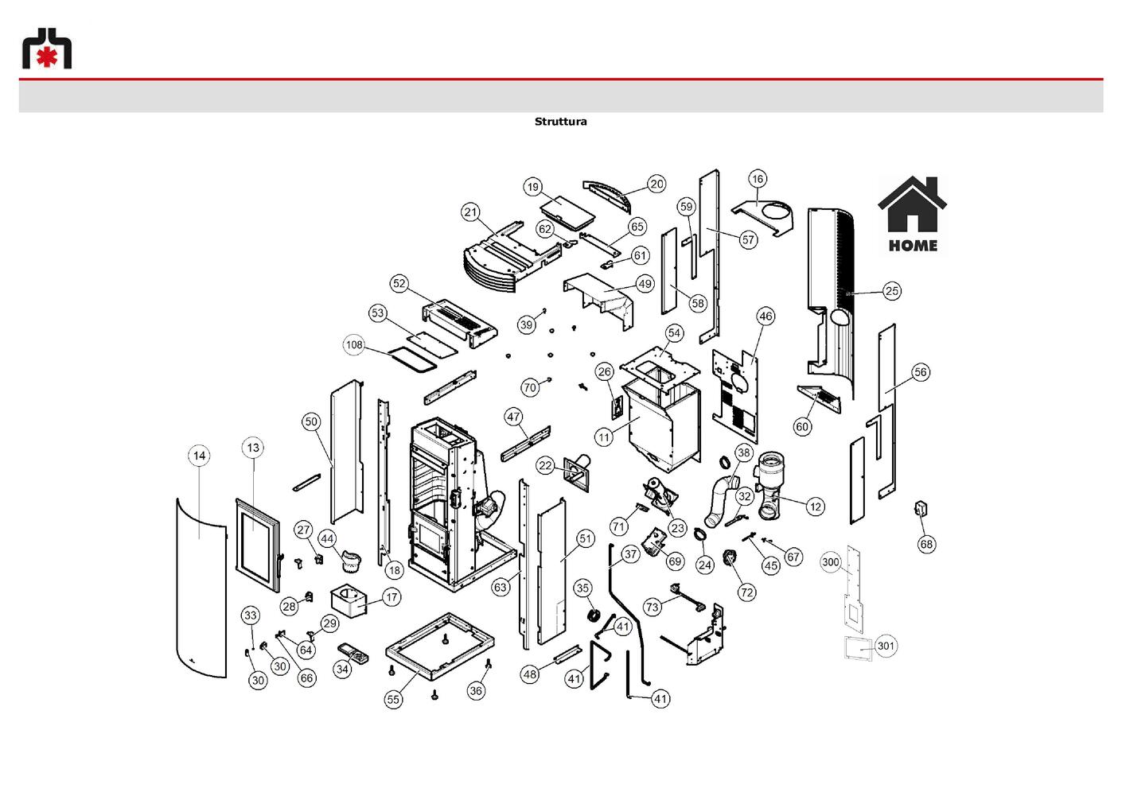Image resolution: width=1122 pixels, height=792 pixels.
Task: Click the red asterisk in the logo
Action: (47, 58)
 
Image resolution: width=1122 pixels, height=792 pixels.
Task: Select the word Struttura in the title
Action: (560, 122)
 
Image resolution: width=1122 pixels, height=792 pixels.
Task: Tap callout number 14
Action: (200, 456)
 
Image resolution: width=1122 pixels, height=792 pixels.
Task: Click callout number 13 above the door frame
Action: (254, 448)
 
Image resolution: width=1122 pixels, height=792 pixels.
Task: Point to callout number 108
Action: (354, 345)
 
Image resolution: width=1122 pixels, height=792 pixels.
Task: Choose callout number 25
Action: (891, 291)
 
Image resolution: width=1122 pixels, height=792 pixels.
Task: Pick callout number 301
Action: (886, 646)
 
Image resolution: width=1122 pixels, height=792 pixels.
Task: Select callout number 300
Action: (831, 562)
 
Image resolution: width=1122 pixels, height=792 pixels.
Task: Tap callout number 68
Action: (927, 544)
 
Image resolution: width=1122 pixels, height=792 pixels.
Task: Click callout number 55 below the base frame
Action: (394, 700)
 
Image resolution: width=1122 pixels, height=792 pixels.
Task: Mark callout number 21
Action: (470, 212)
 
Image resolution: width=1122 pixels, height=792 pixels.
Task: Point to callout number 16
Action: (758, 179)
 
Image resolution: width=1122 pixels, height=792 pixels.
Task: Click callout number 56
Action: (921, 372)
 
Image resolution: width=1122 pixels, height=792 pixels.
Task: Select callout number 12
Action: (816, 507)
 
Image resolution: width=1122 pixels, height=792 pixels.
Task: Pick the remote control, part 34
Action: (353, 654)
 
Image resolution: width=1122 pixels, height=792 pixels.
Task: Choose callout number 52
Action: (399, 284)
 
